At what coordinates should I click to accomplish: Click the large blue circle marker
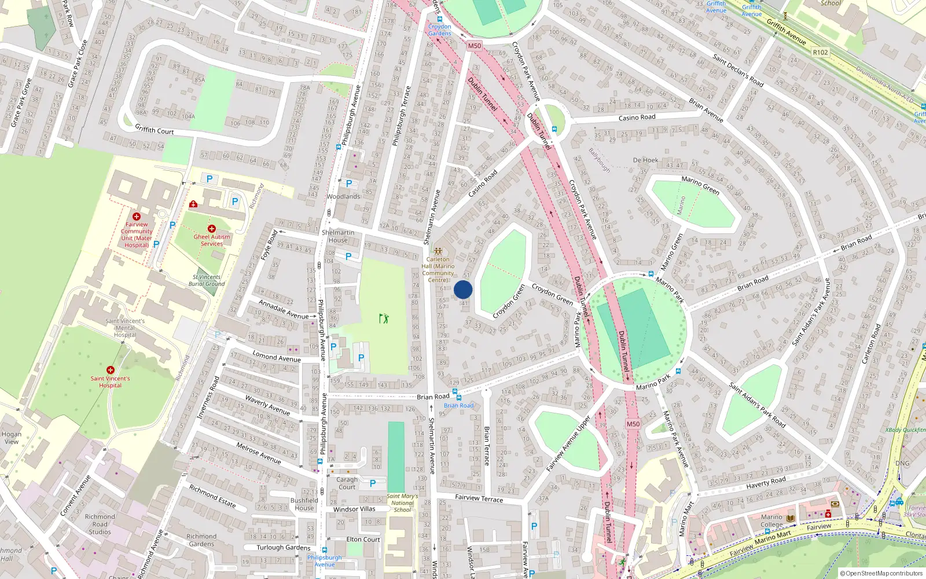463,289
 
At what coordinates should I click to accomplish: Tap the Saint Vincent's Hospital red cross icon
110,370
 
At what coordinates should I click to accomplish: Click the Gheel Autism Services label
212,240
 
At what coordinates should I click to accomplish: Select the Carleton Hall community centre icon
438,251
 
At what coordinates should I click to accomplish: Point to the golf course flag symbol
384,318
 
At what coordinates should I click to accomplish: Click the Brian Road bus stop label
458,405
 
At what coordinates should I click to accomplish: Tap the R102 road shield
820,52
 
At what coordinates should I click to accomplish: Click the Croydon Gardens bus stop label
440,30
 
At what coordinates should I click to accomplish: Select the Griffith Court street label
155,129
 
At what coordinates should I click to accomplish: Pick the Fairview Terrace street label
479,498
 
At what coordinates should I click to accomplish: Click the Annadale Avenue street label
284,310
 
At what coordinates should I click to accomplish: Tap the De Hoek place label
645,160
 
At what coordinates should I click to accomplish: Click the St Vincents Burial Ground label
207,280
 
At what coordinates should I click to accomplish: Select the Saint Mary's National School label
402,503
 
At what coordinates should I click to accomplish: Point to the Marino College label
771,521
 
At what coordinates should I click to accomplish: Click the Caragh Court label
347,483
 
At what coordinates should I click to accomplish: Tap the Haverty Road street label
766,482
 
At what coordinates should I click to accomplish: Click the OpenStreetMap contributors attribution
881,573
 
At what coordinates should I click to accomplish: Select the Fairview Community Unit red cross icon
137,217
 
